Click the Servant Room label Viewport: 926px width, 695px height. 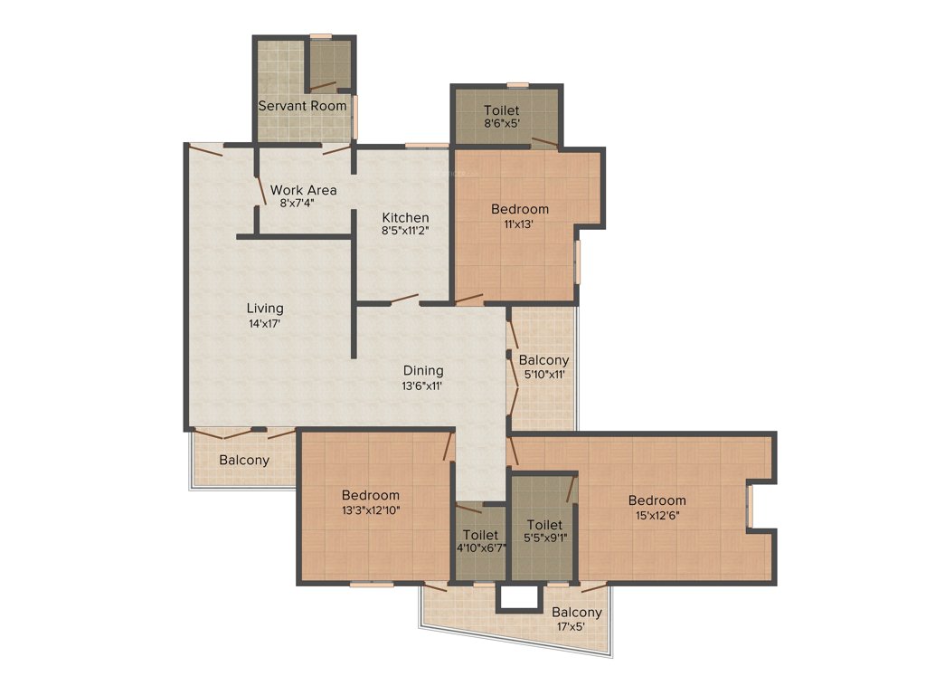[302, 106]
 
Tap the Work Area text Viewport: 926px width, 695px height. [303, 190]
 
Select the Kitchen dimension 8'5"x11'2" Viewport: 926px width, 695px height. [404, 231]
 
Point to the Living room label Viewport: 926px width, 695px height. [264, 309]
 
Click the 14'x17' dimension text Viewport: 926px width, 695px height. [264, 323]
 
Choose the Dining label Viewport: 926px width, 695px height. [423, 370]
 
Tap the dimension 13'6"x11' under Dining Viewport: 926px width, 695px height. [423, 385]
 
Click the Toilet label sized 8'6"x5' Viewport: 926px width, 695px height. [501, 110]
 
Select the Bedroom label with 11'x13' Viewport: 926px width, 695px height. [519, 209]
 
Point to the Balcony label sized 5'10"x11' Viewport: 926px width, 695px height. [543, 360]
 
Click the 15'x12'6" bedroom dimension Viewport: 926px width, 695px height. [657, 515]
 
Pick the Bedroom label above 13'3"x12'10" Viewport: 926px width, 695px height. [371, 495]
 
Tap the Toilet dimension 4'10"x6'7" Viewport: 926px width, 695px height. [480, 548]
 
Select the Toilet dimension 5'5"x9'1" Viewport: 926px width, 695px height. [544, 538]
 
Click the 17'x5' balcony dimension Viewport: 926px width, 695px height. [577, 626]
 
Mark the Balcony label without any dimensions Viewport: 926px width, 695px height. [244, 460]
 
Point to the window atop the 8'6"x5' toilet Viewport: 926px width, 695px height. [517, 85]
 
